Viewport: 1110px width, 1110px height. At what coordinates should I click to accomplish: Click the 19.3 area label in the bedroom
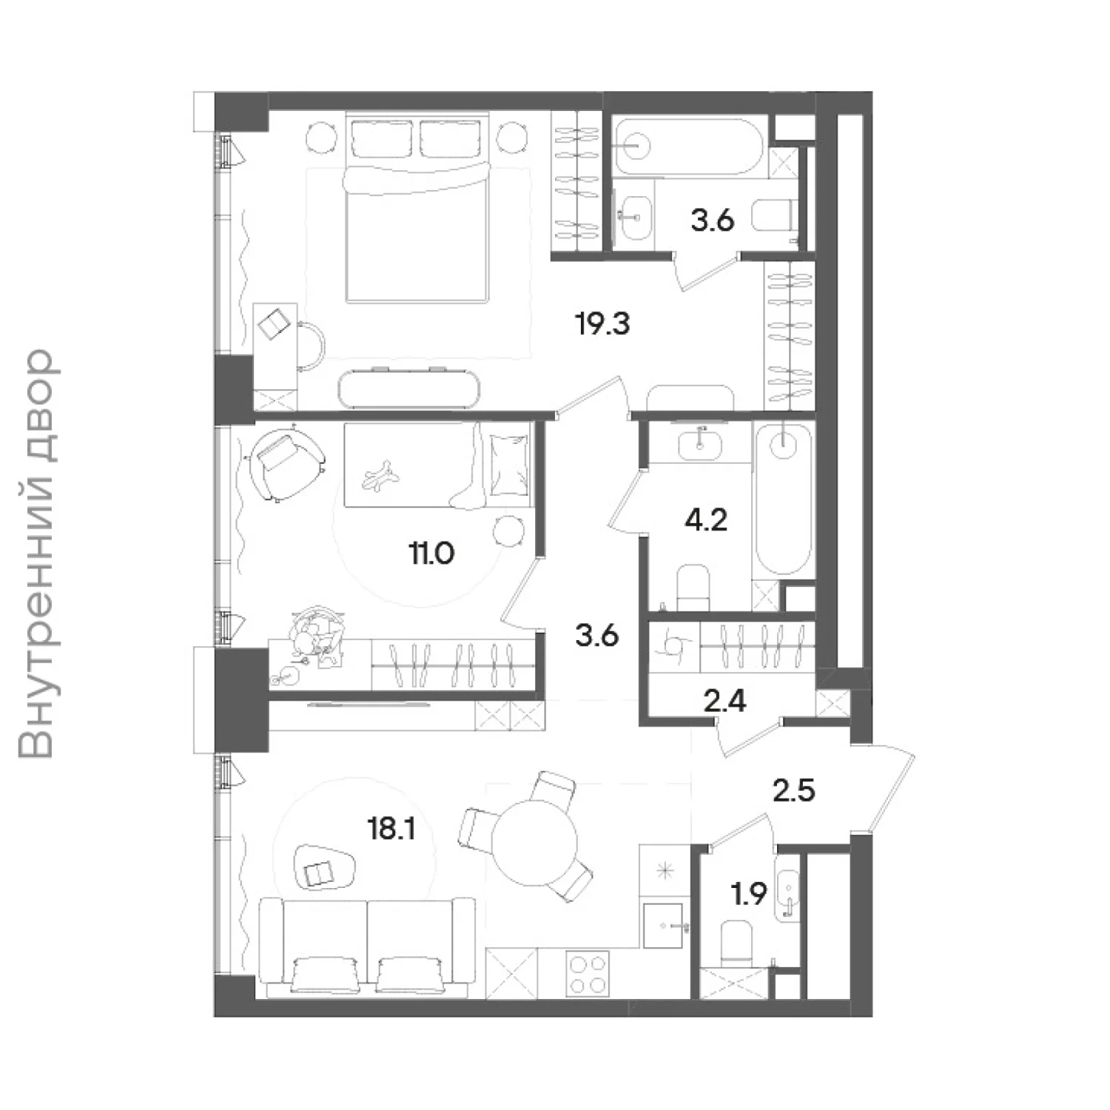603,324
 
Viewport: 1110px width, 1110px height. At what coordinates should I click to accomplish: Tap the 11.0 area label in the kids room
431,553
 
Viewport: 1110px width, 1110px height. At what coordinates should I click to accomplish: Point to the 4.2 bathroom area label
706,520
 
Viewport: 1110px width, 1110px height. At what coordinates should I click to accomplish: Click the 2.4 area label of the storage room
725,700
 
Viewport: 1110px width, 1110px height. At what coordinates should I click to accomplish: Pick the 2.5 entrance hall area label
794,791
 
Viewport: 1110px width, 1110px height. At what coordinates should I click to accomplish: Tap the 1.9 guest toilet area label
749,895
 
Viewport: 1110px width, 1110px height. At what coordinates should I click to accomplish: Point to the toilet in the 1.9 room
736,941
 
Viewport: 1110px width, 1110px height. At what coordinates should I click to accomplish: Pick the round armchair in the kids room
287,464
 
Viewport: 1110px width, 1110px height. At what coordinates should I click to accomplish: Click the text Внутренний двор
37,555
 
